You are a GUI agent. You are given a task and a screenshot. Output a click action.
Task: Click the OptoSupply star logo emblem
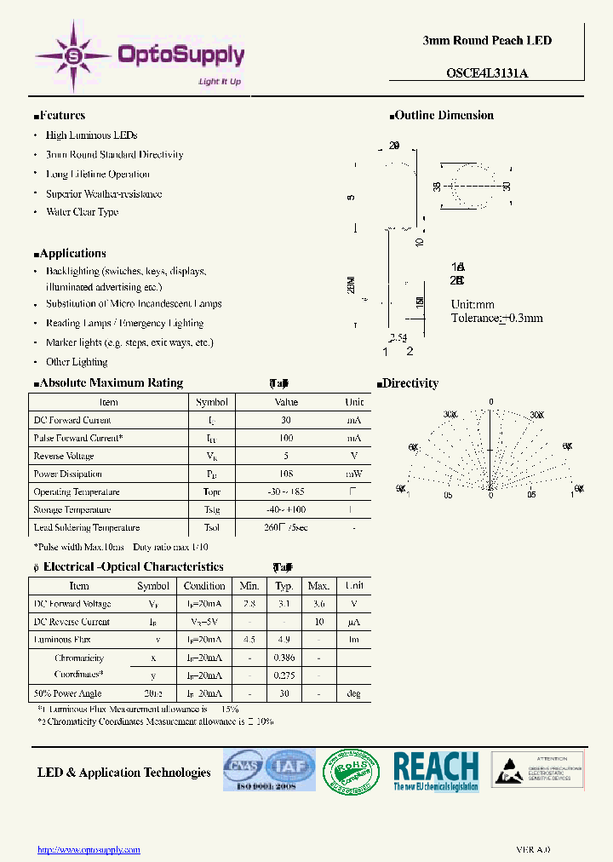click(73, 55)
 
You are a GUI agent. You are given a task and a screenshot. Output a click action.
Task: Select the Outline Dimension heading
click(444, 116)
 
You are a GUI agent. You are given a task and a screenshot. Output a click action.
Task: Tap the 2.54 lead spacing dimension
click(398, 338)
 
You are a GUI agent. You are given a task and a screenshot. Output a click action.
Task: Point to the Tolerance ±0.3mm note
click(496, 318)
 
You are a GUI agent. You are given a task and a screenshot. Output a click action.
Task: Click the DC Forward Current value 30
click(285, 420)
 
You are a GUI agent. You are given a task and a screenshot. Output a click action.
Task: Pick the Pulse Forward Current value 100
click(285, 438)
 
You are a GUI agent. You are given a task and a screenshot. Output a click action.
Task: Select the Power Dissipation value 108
click(285, 474)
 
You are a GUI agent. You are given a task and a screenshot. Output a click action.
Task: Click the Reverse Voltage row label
click(64, 456)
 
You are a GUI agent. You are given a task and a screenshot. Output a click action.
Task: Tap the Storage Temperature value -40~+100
click(285, 509)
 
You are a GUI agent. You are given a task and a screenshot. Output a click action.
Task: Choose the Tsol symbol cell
click(212, 528)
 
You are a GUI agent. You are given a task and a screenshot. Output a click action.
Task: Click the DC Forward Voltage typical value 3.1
click(284, 604)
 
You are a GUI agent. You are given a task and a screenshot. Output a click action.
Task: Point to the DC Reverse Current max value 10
click(318, 622)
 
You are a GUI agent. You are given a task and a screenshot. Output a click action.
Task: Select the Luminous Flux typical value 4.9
click(284, 640)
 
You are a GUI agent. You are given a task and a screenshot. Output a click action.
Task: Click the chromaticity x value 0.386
click(284, 658)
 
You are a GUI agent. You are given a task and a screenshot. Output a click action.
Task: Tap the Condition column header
click(204, 586)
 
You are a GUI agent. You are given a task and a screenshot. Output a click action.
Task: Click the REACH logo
click(435, 771)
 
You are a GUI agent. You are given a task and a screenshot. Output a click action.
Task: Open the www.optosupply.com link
click(89, 849)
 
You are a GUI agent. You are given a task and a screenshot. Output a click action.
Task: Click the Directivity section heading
click(410, 383)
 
